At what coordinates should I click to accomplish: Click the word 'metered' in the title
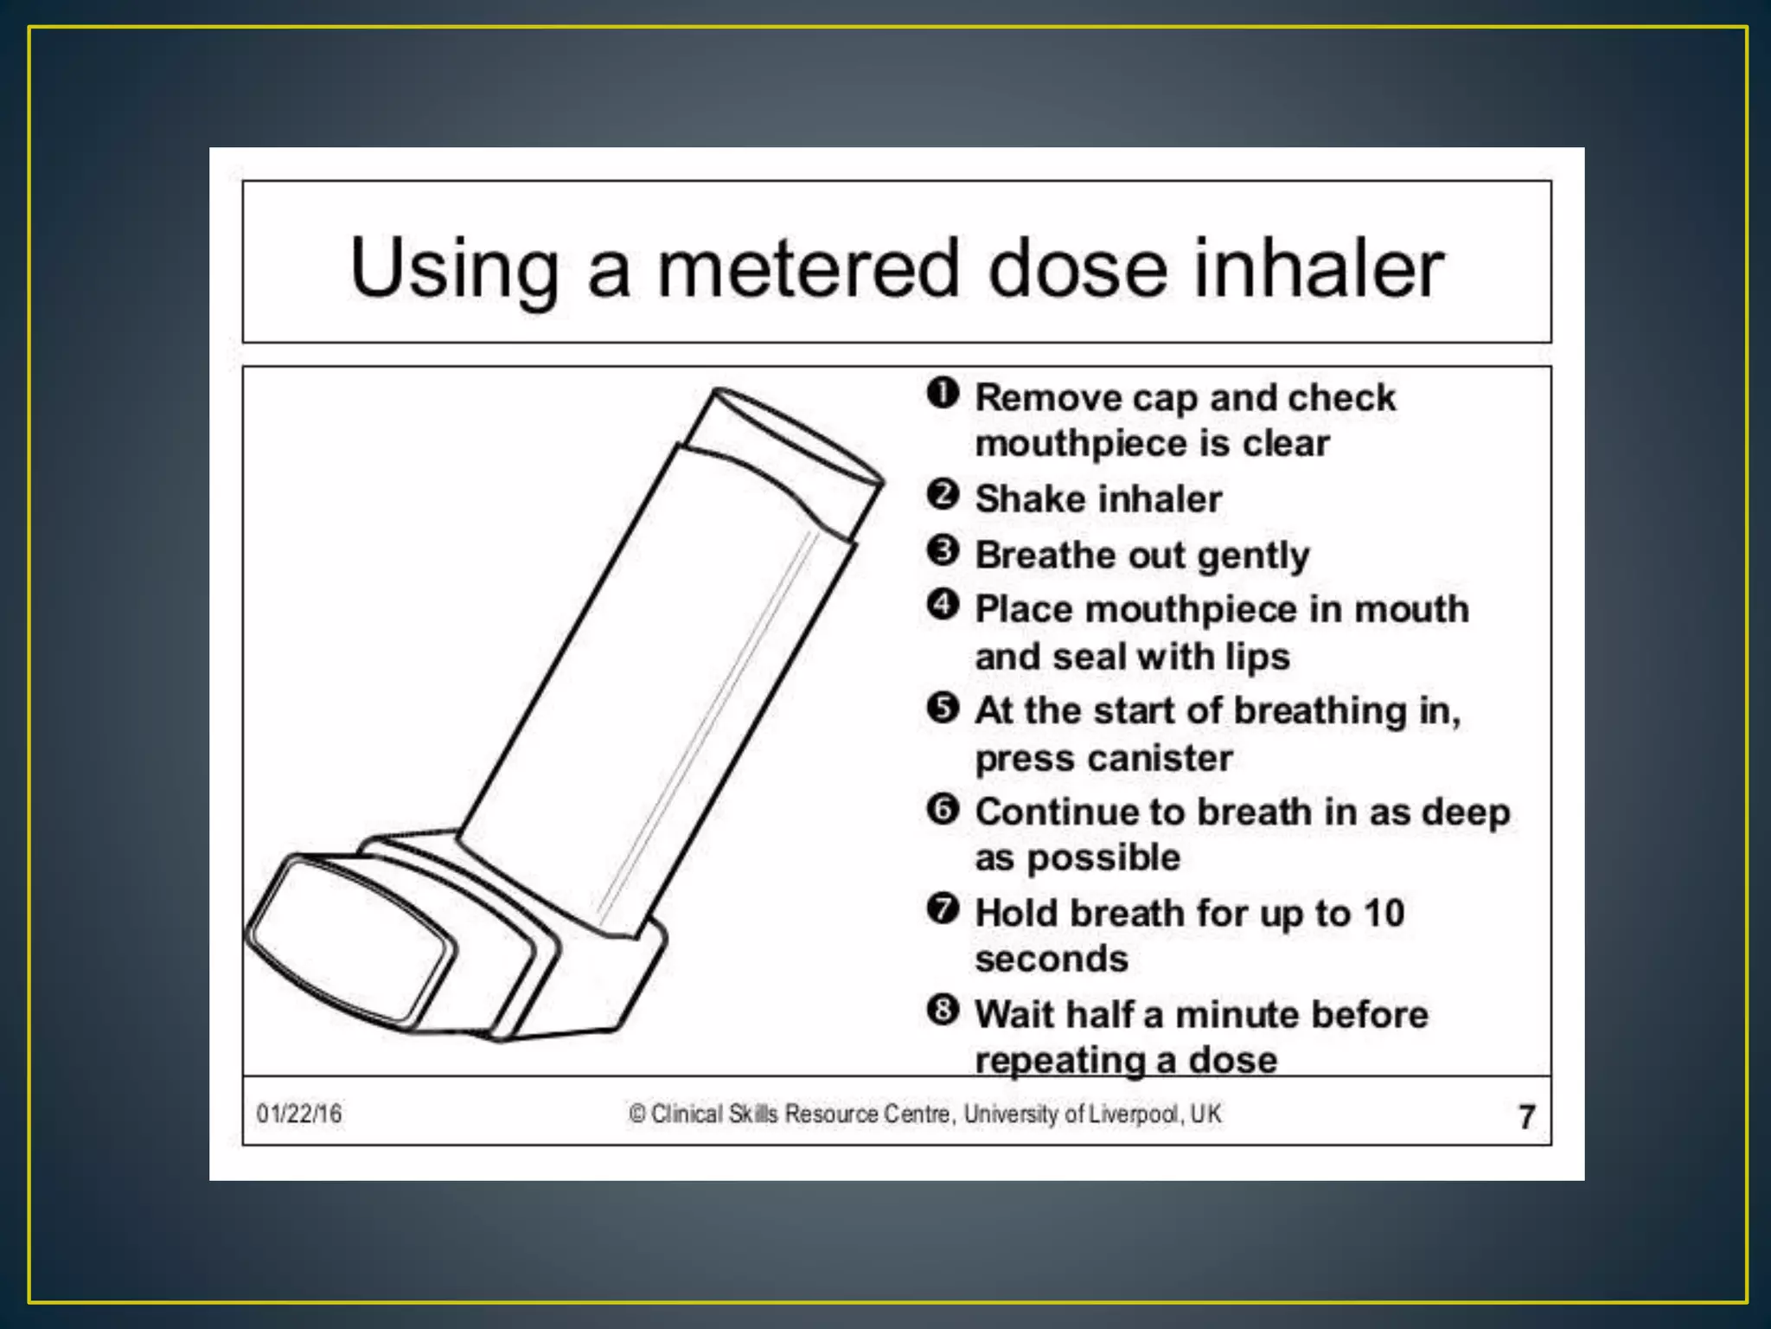click(x=808, y=268)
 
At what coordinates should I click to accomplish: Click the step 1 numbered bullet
click(x=943, y=394)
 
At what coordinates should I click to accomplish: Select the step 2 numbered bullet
click(x=943, y=496)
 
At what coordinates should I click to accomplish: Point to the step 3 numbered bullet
click(x=943, y=551)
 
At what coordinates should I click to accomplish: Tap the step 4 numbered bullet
click(x=943, y=606)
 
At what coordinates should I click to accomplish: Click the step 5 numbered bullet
click(x=943, y=708)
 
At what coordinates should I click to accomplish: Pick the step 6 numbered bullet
click(x=943, y=809)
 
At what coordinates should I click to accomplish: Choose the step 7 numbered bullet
click(x=943, y=909)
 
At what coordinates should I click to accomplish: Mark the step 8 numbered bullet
click(x=943, y=1011)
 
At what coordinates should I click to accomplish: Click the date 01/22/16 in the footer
click(x=298, y=1114)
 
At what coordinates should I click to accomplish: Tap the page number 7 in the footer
click(x=1526, y=1116)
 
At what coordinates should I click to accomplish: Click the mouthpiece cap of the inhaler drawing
click(x=350, y=939)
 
